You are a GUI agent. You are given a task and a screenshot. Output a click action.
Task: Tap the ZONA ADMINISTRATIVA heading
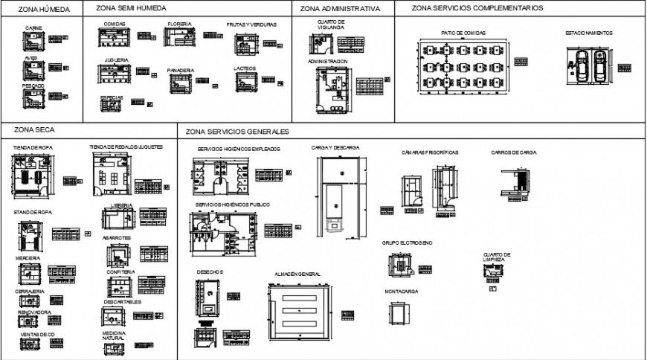pyautogui.click(x=341, y=9)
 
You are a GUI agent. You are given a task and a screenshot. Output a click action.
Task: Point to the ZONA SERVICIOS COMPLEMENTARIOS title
pyautogui.click(x=477, y=7)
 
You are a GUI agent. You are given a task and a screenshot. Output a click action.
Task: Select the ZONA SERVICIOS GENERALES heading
pyautogui.click(x=237, y=132)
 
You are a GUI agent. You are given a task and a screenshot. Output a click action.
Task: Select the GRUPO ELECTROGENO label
pyautogui.click(x=407, y=243)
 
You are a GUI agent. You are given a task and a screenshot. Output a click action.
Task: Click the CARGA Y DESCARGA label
pyautogui.click(x=335, y=148)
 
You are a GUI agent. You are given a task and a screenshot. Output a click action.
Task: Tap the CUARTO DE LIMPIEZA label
pyautogui.click(x=496, y=257)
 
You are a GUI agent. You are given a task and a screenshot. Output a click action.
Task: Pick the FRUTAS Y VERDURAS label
pyautogui.click(x=251, y=25)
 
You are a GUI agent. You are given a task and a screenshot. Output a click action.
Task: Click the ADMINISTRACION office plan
pyautogui.click(x=331, y=87)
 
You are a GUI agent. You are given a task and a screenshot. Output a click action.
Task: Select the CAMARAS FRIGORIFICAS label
pyautogui.click(x=430, y=152)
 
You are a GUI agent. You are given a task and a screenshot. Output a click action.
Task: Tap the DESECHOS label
pyautogui.click(x=210, y=272)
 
